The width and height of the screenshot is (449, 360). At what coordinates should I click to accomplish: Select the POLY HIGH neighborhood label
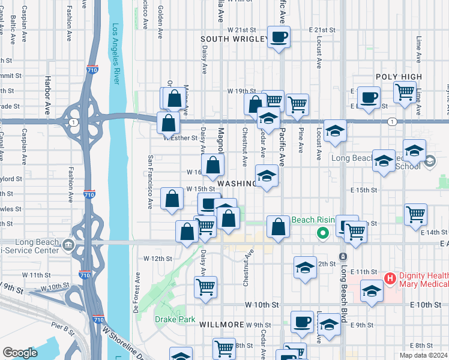(x=399, y=77)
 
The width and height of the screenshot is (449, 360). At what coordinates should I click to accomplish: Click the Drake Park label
(x=175, y=319)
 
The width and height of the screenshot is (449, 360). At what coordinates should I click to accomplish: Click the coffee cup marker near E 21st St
(x=279, y=37)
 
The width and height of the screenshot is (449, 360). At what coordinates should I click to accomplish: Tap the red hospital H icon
(x=390, y=278)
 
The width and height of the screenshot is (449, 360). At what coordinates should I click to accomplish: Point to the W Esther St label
(x=181, y=137)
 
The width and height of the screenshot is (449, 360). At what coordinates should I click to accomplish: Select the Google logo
(x=20, y=352)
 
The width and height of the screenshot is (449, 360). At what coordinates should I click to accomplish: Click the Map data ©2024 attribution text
(x=423, y=355)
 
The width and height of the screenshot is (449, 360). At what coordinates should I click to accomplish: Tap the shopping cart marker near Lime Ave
(x=405, y=92)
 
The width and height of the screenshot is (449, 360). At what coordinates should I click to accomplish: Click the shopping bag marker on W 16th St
(x=212, y=166)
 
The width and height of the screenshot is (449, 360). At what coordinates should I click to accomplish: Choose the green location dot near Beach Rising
(x=323, y=233)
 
